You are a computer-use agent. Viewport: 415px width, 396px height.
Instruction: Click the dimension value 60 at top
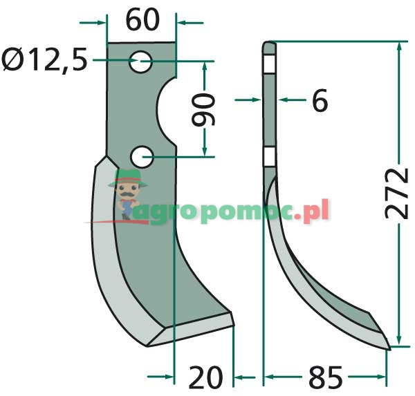point(142,20)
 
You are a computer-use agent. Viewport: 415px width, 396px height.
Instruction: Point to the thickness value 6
point(319,102)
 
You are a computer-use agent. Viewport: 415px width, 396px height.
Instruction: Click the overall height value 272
point(397,193)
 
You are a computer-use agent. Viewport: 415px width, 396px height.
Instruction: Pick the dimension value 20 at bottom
point(205,377)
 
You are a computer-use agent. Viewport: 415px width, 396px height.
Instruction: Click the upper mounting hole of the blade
point(142,62)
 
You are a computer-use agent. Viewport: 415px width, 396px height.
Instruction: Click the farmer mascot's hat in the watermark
point(127,177)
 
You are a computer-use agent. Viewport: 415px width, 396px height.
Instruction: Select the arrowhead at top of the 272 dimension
point(398,46)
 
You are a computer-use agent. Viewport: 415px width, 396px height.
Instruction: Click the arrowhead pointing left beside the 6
point(283,101)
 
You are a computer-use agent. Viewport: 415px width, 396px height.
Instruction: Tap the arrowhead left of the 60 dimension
point(103,23)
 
